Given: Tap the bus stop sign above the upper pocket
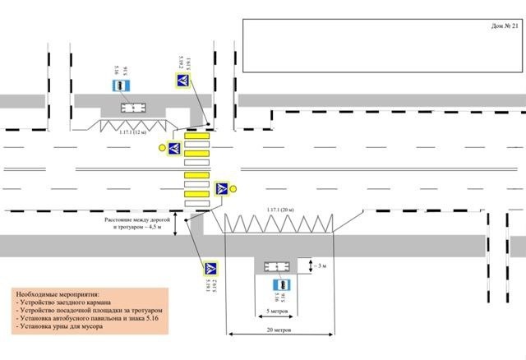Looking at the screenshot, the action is point(121,86).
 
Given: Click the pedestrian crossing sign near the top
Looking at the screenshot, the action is point(183,81).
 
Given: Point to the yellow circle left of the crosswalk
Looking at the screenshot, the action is point(162,148).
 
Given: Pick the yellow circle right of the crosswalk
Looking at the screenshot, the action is point(234,190).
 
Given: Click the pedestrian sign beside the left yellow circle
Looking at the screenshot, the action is point(174,148).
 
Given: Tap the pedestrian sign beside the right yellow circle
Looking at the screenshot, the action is point(221,190).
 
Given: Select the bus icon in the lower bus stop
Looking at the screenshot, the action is point(275,266).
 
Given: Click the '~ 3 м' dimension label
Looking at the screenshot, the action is point(320,265).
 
